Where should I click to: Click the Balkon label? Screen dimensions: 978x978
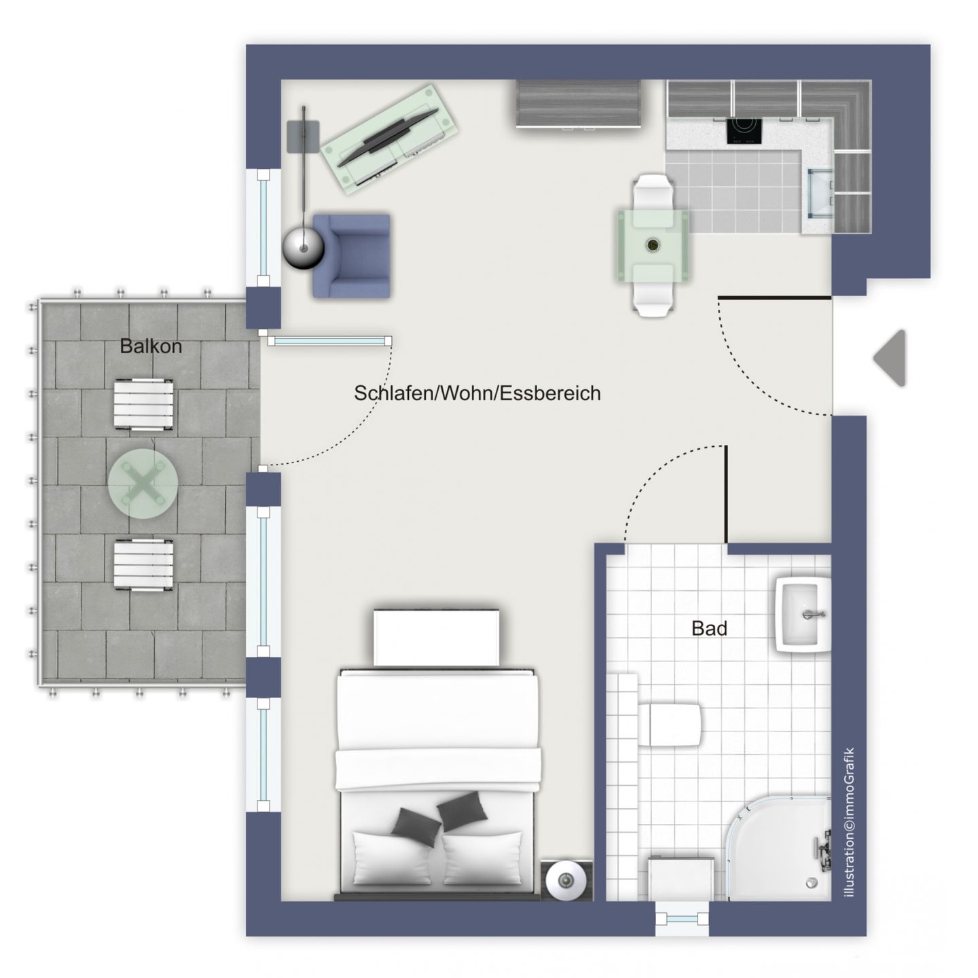151,346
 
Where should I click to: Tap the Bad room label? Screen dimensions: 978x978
709,628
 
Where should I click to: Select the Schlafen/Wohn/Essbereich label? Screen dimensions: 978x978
477,393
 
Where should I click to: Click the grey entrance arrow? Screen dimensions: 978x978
891,358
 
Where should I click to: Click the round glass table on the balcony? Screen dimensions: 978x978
143,484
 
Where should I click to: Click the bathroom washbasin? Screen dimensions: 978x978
804,615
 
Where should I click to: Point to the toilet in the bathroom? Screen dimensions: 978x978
672,724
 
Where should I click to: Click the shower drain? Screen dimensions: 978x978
810,882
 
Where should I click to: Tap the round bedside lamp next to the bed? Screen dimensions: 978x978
566,881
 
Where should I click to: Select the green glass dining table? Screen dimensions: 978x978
653,245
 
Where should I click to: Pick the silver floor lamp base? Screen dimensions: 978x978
303,249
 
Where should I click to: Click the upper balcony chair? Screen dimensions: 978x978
143,405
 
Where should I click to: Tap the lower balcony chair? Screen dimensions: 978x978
143,566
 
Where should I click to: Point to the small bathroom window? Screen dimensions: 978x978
682,919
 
